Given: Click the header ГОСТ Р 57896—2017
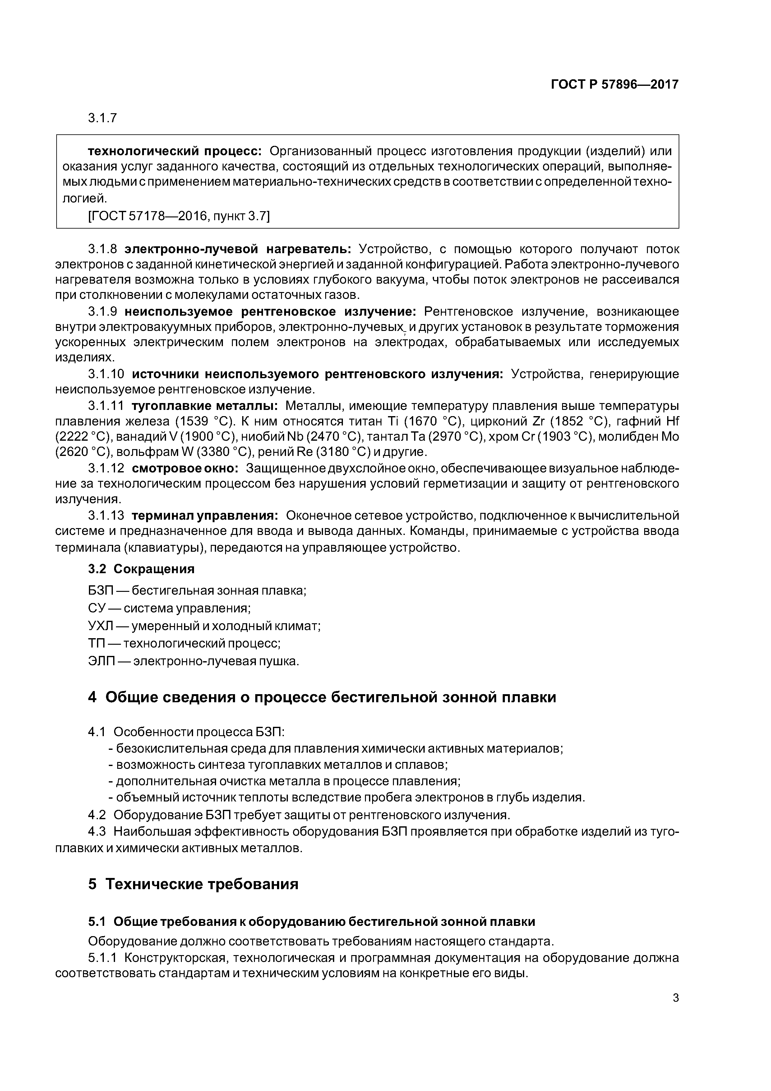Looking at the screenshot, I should coord(614,85).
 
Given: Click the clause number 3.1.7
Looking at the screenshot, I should coord(102,118).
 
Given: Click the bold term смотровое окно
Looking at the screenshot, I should coord(185,468).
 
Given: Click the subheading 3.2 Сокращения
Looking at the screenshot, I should coord(141,569).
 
